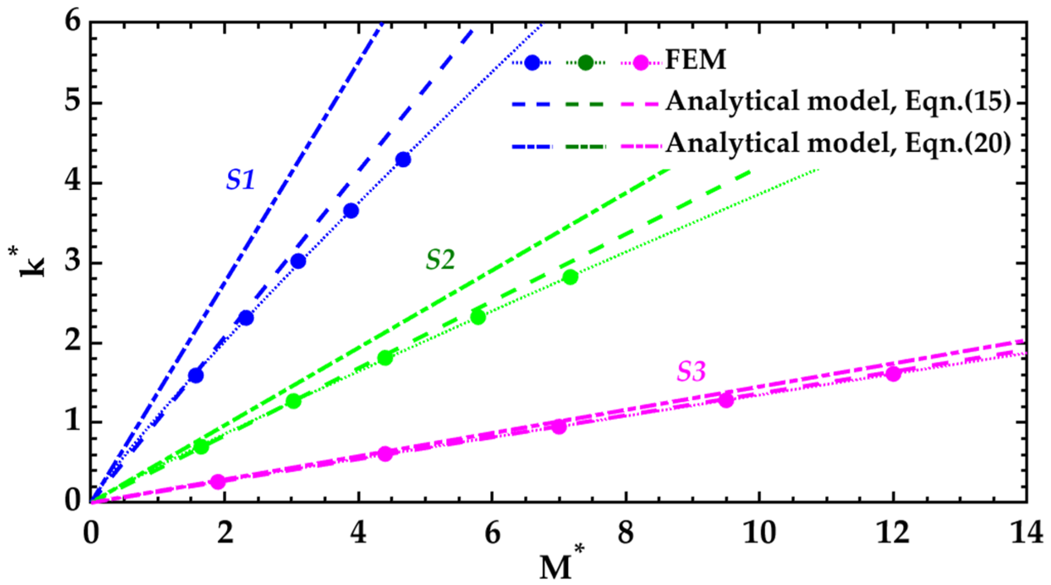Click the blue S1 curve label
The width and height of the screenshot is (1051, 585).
240,180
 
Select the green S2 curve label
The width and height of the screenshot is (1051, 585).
440,259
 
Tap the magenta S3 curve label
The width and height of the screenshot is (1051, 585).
691,372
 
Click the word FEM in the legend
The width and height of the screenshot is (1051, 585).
696,60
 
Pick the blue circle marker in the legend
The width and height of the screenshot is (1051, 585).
532,63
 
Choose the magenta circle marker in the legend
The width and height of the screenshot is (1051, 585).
641,63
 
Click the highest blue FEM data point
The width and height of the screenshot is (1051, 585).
403,160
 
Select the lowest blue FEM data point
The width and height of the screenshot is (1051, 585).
196,375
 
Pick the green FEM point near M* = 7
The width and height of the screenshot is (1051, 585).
571,277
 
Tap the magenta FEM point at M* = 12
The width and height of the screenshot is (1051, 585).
893,374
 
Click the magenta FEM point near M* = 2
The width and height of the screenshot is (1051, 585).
218,482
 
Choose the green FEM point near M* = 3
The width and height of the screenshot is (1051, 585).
294,401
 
